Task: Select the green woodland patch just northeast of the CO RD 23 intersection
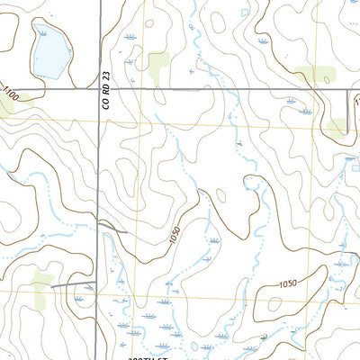point(159,66)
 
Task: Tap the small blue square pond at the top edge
point(245,12)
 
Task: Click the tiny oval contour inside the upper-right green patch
point(314,74)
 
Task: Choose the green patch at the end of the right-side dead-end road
point(338,127)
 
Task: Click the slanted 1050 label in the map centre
point(173,238)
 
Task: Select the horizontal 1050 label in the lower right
point(288,284)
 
